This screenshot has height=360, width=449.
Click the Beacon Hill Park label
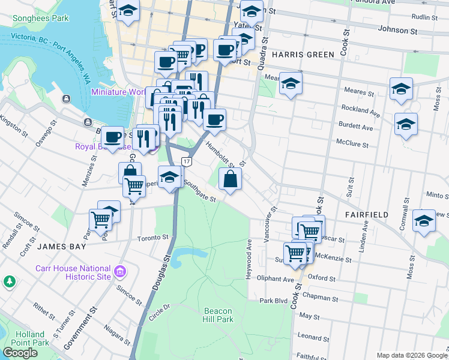pyautogui.click(x=218, y=315)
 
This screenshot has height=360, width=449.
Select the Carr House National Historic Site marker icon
pyautogui.click(x=120, y=272)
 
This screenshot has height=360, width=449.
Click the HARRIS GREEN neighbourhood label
pyautogui.click(x=303, y=55)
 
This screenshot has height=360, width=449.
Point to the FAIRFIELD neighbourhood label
pyautogui.click(x=366, y=214)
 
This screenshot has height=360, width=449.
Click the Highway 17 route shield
pyautogui.click(x=186, y=161)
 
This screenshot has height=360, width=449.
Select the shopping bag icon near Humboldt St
pyautogui.click(x=231, y=179)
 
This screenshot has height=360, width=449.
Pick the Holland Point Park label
pyautogui.click(x=30, y=338)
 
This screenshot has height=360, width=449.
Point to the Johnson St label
pyautogui.click(x=397, y=30)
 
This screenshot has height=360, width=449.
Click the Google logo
pyautogui.click(x=20, y=353)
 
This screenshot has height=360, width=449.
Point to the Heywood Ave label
pyautogui.click(x=249, y=259)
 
